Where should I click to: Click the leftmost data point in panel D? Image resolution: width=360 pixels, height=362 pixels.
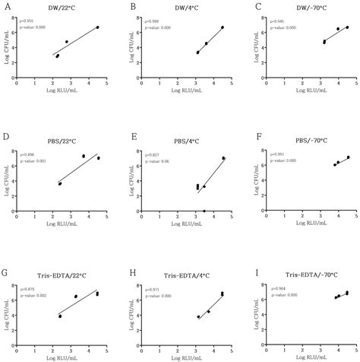60,184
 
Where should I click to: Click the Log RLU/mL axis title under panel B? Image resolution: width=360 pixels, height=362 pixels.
188,100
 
